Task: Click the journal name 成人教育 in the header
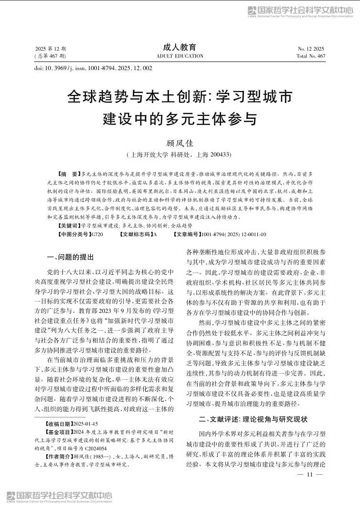coord(180,47)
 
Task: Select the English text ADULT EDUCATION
coord(180,56)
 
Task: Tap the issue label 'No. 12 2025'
coord(311,49)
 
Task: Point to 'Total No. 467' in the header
coord(311,56)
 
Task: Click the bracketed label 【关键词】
coord(69,225)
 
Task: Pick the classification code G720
coord(97,234)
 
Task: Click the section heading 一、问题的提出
coord(71,257)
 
